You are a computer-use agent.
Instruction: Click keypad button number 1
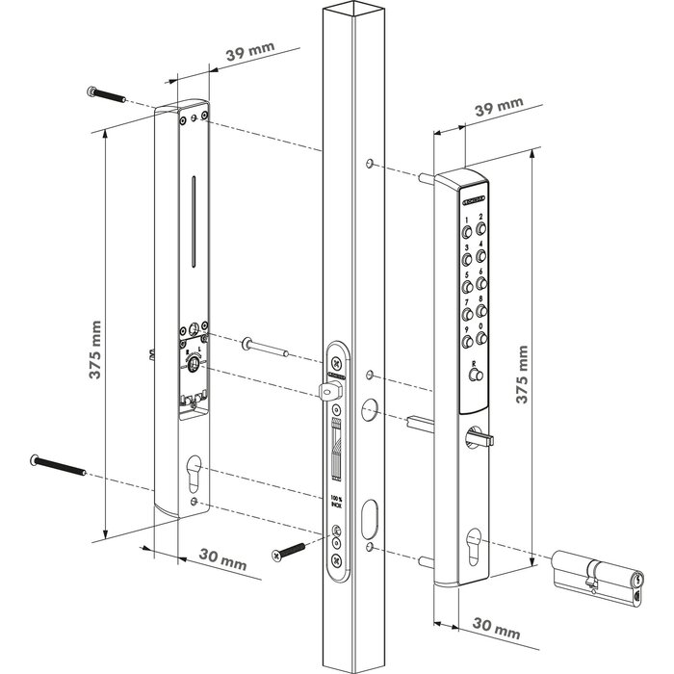click(x=469, y=233)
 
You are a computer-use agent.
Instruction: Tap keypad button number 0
click(x=482, y=338)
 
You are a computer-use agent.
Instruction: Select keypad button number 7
click(x=469, y=314)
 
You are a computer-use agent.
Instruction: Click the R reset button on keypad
click(x=474, y=377)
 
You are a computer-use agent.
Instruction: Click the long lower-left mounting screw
click(x=60, y=464)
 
